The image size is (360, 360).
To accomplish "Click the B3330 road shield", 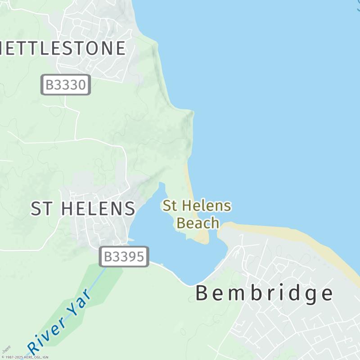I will pos(66,85).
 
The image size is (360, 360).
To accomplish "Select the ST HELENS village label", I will pos(83,208).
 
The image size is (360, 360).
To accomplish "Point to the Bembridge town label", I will pos(264,293).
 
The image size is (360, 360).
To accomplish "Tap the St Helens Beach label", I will pos(197,214).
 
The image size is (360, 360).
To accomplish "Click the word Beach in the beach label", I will pos(198,223).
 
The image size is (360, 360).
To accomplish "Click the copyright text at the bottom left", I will pos(25,357).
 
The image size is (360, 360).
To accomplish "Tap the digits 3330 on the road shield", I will pos(71,85).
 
